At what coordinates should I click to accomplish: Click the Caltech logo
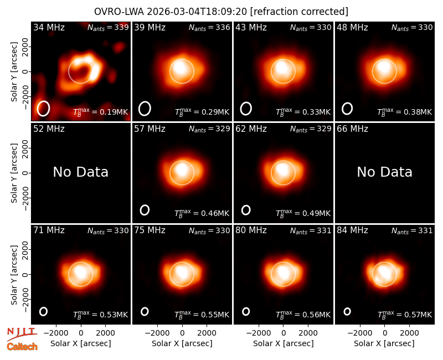(x=22, y=347)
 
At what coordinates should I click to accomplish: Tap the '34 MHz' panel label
(x=49, y=27)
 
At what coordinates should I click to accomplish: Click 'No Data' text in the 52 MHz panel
(x=81, y=172)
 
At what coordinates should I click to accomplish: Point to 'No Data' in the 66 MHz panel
(x=384, y=172)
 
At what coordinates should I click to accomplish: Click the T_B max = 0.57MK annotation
(x=405, y=314)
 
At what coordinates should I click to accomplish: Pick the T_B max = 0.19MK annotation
(x=101, y=112)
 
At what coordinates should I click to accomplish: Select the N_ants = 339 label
(x=108, y=27)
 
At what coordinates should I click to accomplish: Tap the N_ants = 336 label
(x=209, y=27)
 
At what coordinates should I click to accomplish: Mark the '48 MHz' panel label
(x=352, y=27)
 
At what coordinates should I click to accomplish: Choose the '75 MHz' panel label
(x=150, y=230)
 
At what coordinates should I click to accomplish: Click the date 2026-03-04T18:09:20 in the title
(x=197, y=12)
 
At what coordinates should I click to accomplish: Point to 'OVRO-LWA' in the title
(x=119, y=12)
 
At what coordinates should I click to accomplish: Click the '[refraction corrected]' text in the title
(x=299, y=12)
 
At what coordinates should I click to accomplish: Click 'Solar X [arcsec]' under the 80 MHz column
(x=284, y=343)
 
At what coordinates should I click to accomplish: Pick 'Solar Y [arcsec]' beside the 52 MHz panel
(x=14, y=173)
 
